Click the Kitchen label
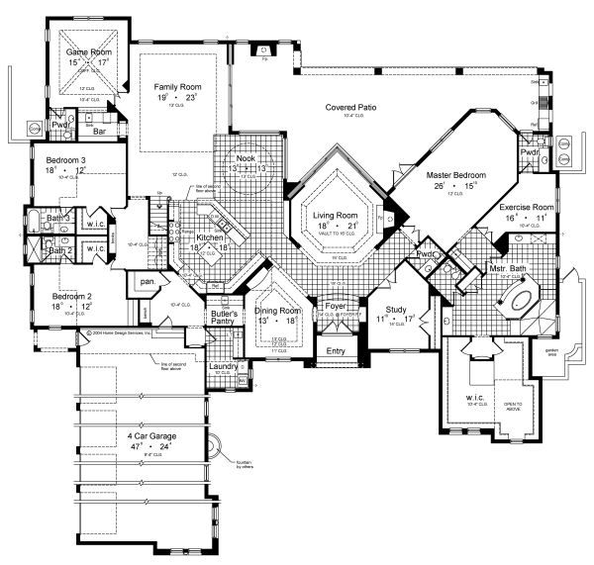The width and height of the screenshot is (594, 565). (x=210, y=237)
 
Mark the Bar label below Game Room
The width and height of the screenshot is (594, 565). (x=100, y=130)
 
